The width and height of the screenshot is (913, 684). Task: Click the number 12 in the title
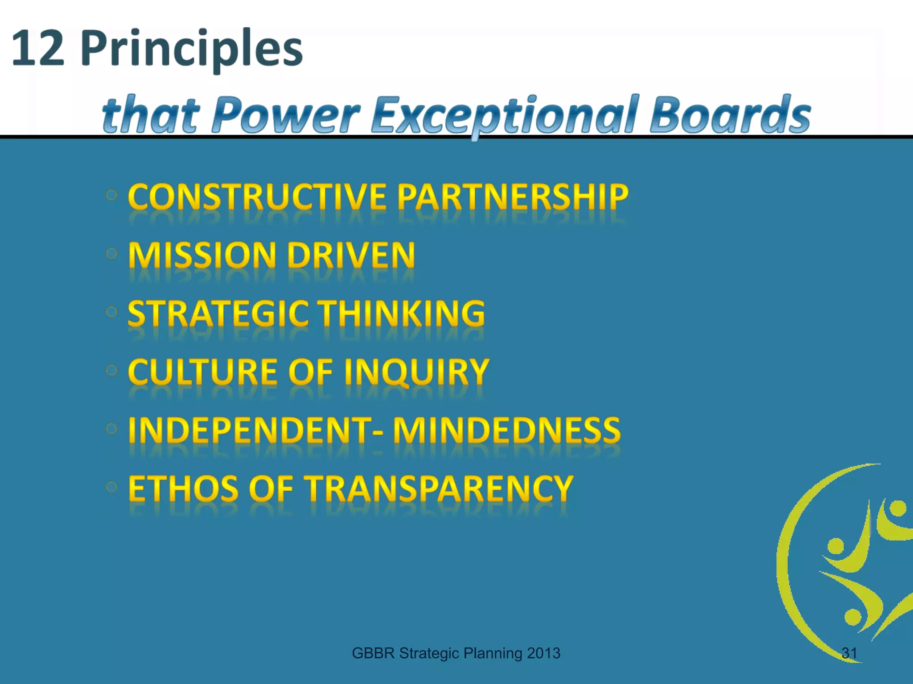(x=38, y=48)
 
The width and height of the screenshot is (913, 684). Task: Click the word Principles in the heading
(x=192, y=49)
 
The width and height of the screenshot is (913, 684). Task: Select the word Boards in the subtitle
(x=730, y=115)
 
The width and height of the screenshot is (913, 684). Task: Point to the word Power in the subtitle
(x=285, y=115)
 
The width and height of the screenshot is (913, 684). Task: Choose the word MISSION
(x=203, y=255)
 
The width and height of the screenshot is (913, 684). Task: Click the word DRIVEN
(x=351, y=255)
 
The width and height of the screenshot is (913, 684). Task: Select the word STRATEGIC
(x=218, y=313)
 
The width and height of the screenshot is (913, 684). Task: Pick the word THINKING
(x=403, y=313)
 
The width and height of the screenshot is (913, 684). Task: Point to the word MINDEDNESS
(x=507, y=430)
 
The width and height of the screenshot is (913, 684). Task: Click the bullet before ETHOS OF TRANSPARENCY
(x=111, y=487)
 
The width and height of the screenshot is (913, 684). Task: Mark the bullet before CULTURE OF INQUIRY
(x=111, y=370)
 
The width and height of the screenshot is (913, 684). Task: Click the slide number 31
(x=849, y=653)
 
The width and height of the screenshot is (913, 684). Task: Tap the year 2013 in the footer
(x=543, y=653)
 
